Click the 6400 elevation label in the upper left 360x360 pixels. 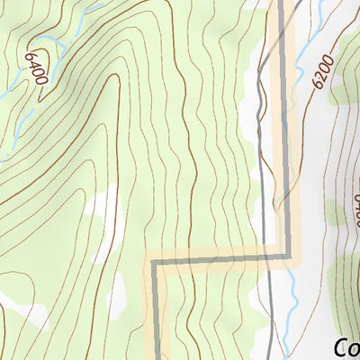point(35,68)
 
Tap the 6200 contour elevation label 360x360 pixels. point(325,71)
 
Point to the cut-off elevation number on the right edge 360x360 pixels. point(355,209)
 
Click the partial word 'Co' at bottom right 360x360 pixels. point(346,347)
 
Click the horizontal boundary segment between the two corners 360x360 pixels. point(220,260)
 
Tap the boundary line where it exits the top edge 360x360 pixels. point(281,4)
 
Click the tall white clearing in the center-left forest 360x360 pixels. point(104,216)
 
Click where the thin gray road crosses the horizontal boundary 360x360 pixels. point(267,258)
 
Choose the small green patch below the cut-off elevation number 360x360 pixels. point(335,213)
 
